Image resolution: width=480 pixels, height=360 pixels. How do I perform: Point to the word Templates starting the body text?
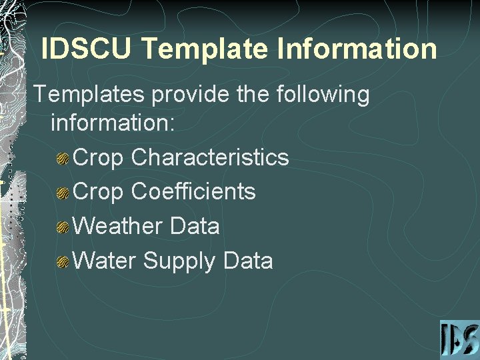(89, 95)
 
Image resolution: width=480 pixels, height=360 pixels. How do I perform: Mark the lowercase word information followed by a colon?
(112, 123)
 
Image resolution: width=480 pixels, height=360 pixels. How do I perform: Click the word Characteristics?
(210, 157)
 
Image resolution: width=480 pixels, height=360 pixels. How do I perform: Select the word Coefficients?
(193, 192)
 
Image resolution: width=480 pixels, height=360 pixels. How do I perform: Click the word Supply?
(179, 261)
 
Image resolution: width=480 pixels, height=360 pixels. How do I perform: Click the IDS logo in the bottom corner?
(459, 339)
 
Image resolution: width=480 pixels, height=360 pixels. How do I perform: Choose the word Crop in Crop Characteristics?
(99, 157)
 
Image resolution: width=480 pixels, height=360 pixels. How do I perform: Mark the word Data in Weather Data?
(195, 226)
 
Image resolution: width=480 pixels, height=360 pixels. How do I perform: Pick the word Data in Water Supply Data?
(248, 261)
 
